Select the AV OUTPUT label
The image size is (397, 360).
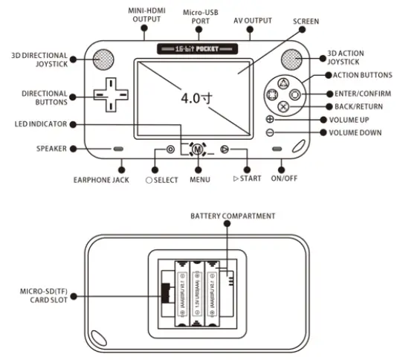(x=253, y=19)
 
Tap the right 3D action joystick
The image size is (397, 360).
(x=292, y=60)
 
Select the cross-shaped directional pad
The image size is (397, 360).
(x=109, y=95)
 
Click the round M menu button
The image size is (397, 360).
(x=197, y=149)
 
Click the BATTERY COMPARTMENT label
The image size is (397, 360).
(x=233, y=216)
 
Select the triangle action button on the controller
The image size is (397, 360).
(x=282, y=83)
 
